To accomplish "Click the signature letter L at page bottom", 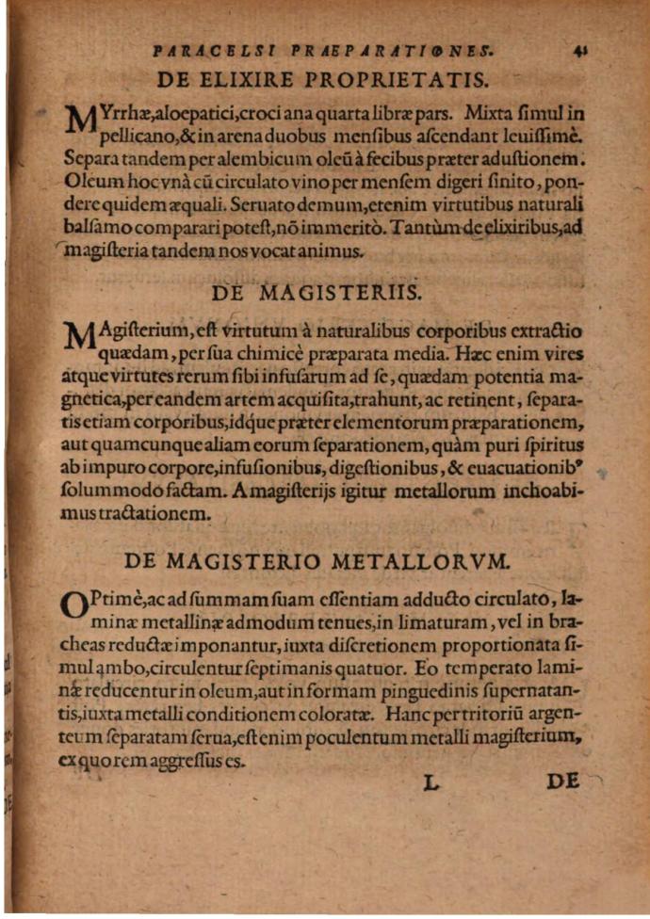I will point(432,782).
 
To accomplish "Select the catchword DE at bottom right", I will point(562,782).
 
